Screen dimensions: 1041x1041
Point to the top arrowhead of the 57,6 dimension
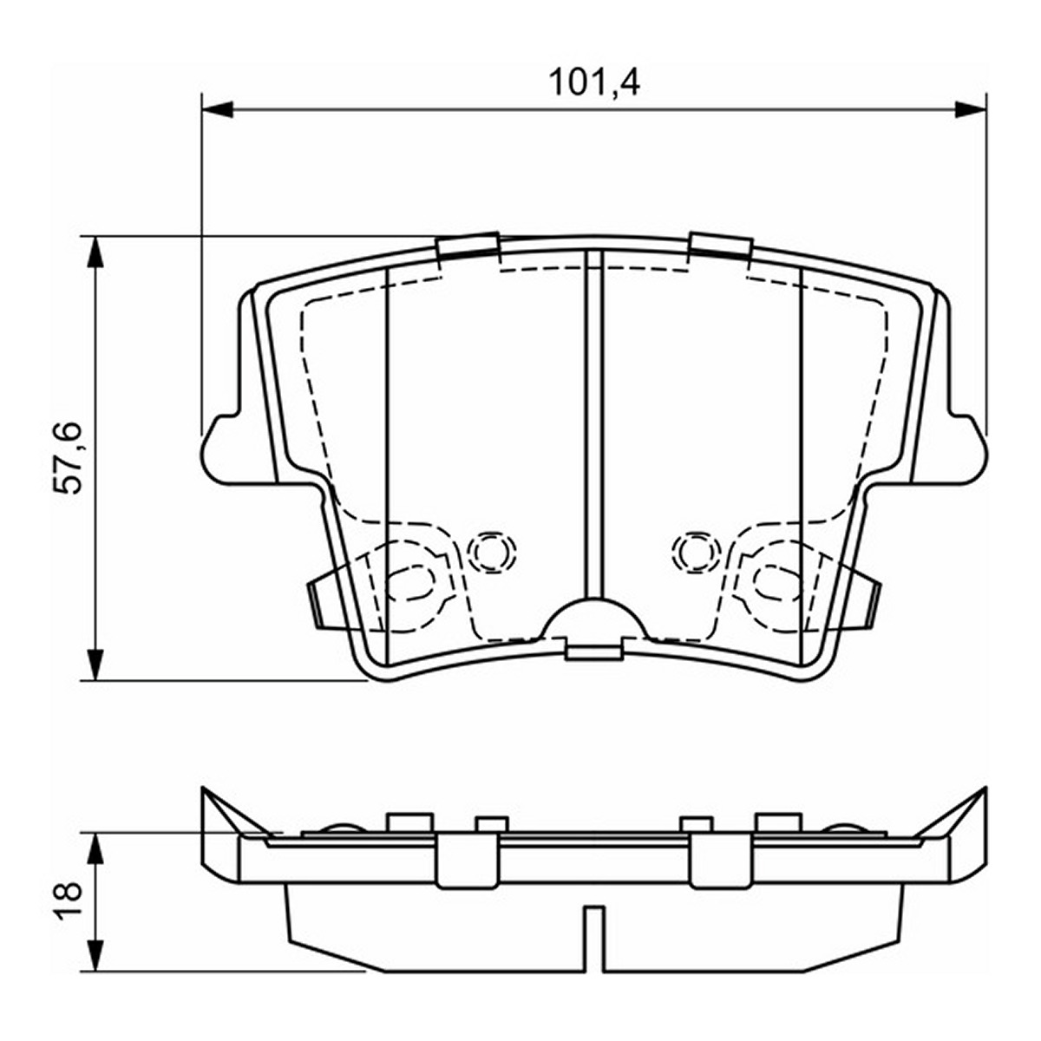coord(95,252)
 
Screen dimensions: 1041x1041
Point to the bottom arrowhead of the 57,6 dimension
coord(95,664)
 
